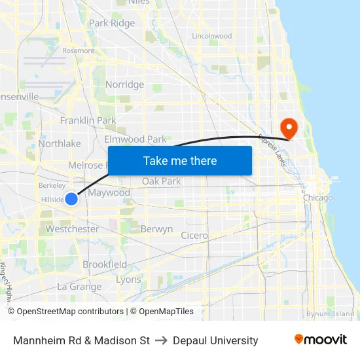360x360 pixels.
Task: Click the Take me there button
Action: point(180,160)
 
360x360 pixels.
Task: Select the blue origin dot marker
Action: point(71,198)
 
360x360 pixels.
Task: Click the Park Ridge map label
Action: point(112,23)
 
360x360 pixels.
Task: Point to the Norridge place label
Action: point(124,84)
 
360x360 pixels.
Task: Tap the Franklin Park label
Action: point(88,120)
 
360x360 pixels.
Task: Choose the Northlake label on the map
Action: point(60,143)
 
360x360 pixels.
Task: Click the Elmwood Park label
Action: point(135,139)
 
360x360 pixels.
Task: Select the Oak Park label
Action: point(162,181)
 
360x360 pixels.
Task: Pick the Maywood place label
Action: point(109,192)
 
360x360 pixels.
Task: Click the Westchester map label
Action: point(72,229)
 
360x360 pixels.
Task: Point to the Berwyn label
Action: point(156,229)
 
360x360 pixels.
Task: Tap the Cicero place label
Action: point(194,235)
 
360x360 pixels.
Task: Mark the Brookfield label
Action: point(105,264)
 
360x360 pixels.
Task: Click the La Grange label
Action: point(79,286)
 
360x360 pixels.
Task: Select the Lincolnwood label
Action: point(212,36)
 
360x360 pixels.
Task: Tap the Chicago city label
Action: point(317,197)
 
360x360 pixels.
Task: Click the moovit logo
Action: point(321,340)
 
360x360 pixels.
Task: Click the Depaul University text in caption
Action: point(215,340)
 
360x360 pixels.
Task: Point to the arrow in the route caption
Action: point(162,340)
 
